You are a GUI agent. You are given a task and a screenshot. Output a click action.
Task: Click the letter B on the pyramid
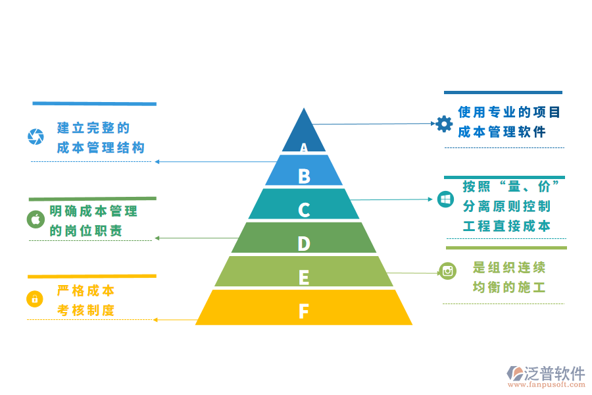pyautogui.click(x=304, y=176)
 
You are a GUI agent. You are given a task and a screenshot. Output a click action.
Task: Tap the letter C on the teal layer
pyautogui.click(x=304, y=210)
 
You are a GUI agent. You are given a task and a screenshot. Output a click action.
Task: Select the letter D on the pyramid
pyautogui.click(x=304, y=244)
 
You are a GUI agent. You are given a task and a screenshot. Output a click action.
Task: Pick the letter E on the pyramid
pyautogui.click(x=304, y=278)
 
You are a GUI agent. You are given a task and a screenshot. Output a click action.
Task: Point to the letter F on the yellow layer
pyautogui.click(x=304, y=311)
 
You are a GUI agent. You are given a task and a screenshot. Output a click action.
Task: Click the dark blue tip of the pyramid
pyautogui.click(x=304, y=128)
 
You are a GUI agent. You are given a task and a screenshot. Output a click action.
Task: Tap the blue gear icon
pyautogui.click(x=445, y=123)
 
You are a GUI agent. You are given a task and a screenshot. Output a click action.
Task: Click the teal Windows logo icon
pyautogui.click(x=445, y=199)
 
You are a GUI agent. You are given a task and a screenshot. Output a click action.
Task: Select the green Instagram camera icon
pyautogui.click(x=448, y=271)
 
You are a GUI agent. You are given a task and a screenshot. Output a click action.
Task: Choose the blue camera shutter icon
pyautogui.click(x=36, y=136)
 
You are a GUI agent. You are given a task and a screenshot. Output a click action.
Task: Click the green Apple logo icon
pyautogui.click(x=36, y=219)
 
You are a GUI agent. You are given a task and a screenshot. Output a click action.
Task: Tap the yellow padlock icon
pyautogui.click(x=34, y=299)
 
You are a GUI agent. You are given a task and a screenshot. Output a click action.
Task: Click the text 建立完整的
pyautogui.click(x=93, y=128)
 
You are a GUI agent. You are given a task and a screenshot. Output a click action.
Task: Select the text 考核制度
pyautogui.click(x=86, y=310)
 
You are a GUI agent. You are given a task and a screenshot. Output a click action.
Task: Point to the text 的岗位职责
pyautogui.click(x=86, y=231)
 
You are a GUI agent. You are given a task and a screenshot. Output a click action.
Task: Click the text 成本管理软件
pyautogui.click(x=502, y=132)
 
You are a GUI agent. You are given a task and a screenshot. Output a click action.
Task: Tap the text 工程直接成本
pyautogui.click(x=506, y=226)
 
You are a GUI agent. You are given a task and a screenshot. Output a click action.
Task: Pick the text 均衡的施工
pyautogui.click(x=509, y=287)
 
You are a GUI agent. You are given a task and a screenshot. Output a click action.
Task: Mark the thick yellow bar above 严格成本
pyautogui.click(x=92, y=276)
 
